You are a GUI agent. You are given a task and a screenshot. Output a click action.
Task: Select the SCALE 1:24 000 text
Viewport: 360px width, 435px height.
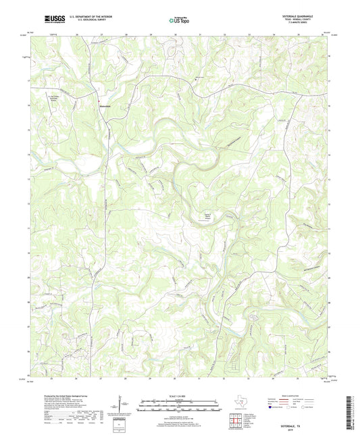[180, 396]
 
